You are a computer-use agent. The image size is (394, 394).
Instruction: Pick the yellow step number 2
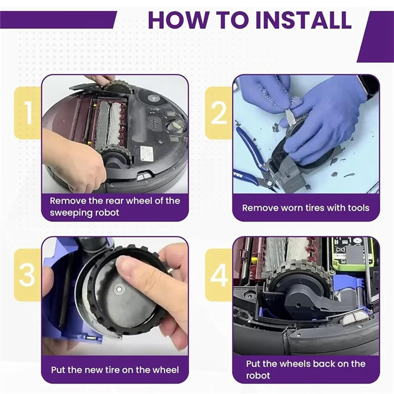coord(219,113)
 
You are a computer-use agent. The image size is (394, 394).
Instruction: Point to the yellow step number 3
coord(27,275)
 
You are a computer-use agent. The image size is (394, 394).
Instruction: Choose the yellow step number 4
coord(219,275)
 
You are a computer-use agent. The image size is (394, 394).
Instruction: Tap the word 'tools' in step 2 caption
coord(359,208)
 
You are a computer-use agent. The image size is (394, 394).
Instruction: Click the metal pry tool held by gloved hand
coord(290,118)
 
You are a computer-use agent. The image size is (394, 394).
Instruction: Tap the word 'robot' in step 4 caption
coord(258,375)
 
